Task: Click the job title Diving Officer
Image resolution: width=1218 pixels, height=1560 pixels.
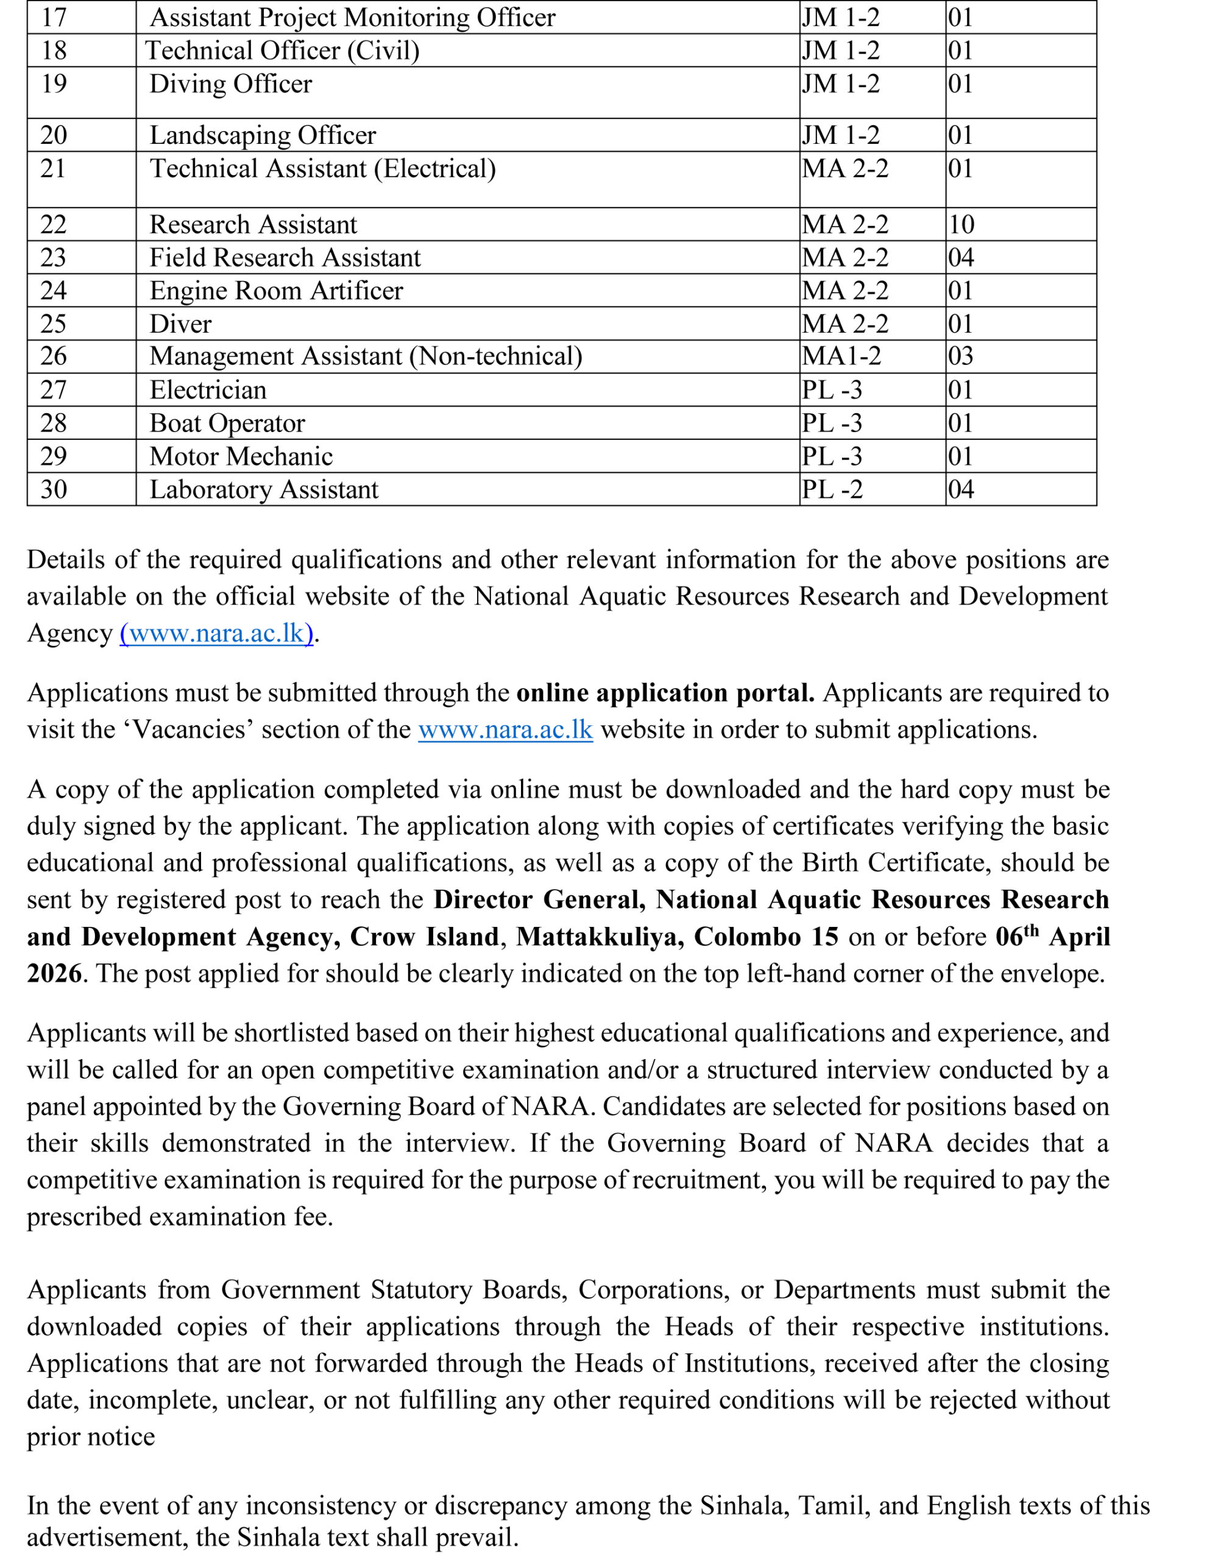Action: pyautogui.click(x=230, y=84)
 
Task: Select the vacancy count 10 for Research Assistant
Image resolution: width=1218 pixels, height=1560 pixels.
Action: pyautogui.click(x=961, y=224)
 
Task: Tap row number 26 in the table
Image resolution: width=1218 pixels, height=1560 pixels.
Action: pyautogui.click(x=54, y=356)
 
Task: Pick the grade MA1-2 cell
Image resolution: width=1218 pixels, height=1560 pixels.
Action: pyautogui.click(x=841, y=356)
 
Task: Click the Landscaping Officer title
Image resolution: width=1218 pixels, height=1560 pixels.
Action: pyautogui.click(x=262, y=135)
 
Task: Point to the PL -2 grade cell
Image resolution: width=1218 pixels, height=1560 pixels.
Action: pyautogui.click(x=832, y=489)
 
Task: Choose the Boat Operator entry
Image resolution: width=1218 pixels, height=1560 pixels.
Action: pyautogui.click(x=227, y=423)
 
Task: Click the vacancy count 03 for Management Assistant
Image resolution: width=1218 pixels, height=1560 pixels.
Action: pyautogui.click(x=961, y=356)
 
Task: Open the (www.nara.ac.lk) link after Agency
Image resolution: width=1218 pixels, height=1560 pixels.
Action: pyautogui.click(x=216, y=634)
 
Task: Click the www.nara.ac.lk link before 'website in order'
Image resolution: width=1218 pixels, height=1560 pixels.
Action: pyautogui.click(x=505, y=729)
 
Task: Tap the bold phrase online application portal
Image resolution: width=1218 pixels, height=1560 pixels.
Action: pyautogui.click(x=665, y=693)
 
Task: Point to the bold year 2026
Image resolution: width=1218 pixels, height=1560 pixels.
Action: pyautogui.click(x=54, y=974)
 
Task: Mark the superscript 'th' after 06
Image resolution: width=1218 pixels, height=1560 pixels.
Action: pyautogui.click(x=1031, y=930)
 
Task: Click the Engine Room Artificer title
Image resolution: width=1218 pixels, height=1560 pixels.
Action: pyautogui.click(x=276, y=291)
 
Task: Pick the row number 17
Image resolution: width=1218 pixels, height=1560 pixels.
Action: pyautogui.click(x=54, y=17)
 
